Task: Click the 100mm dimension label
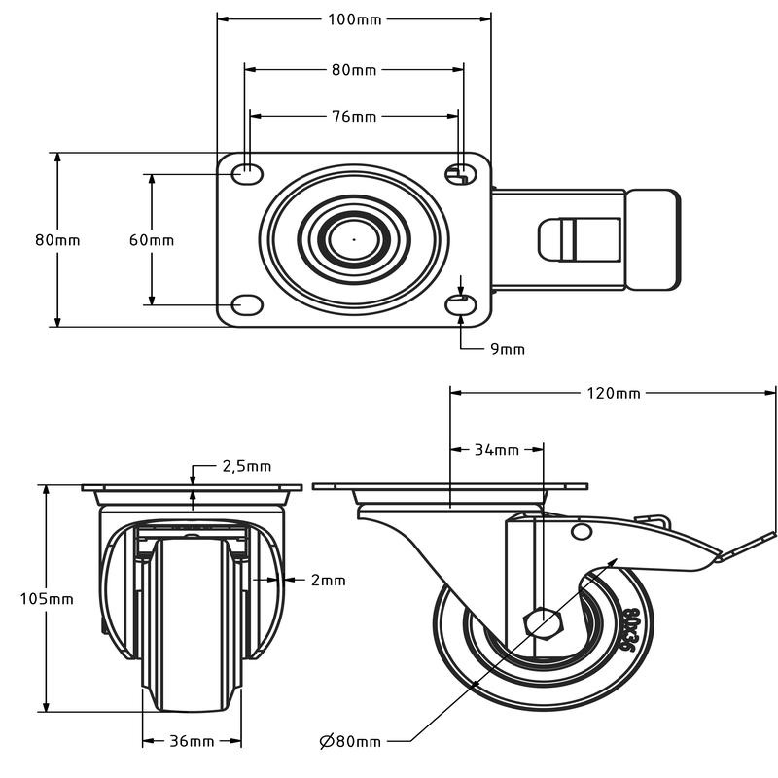(354, 19)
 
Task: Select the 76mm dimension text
(354, 116)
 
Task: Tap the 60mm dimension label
(152, 240)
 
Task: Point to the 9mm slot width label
(507, 349)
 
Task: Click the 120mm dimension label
(614, 393)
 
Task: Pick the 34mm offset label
(497, 450)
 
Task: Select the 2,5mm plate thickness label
(247, 466)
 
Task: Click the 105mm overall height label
(47, 599)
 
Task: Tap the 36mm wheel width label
(192, 741)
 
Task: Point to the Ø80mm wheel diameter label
(350, 741)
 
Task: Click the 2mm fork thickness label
(328, 580)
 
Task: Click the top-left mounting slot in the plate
(247, 174)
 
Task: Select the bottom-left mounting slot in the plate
(247, 305)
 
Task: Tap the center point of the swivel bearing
(354, 239)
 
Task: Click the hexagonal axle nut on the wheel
(544, 620)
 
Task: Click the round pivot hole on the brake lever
(581, 531)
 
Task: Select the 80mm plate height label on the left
(57, 240)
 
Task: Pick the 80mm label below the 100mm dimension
(354, 70)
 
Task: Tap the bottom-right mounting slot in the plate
(461, 305)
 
